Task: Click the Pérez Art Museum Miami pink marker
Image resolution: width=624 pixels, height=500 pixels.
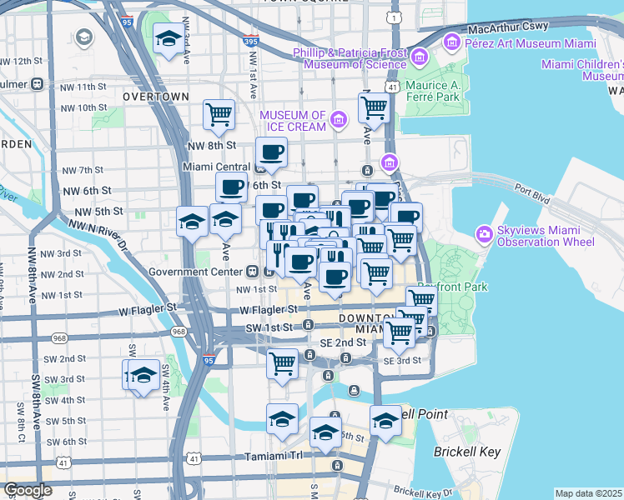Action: point(452,40)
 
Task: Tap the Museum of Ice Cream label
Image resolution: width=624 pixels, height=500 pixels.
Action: point(292,120)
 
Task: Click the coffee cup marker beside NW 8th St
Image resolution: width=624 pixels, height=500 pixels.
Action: point(271,152)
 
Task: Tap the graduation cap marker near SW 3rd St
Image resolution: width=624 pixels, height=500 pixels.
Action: point(143,376)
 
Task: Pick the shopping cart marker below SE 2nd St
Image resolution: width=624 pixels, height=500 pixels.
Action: point(283,363)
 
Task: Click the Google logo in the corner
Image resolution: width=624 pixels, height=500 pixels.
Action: point(28,490)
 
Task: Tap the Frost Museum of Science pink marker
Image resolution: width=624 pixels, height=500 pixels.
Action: point(419,57)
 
